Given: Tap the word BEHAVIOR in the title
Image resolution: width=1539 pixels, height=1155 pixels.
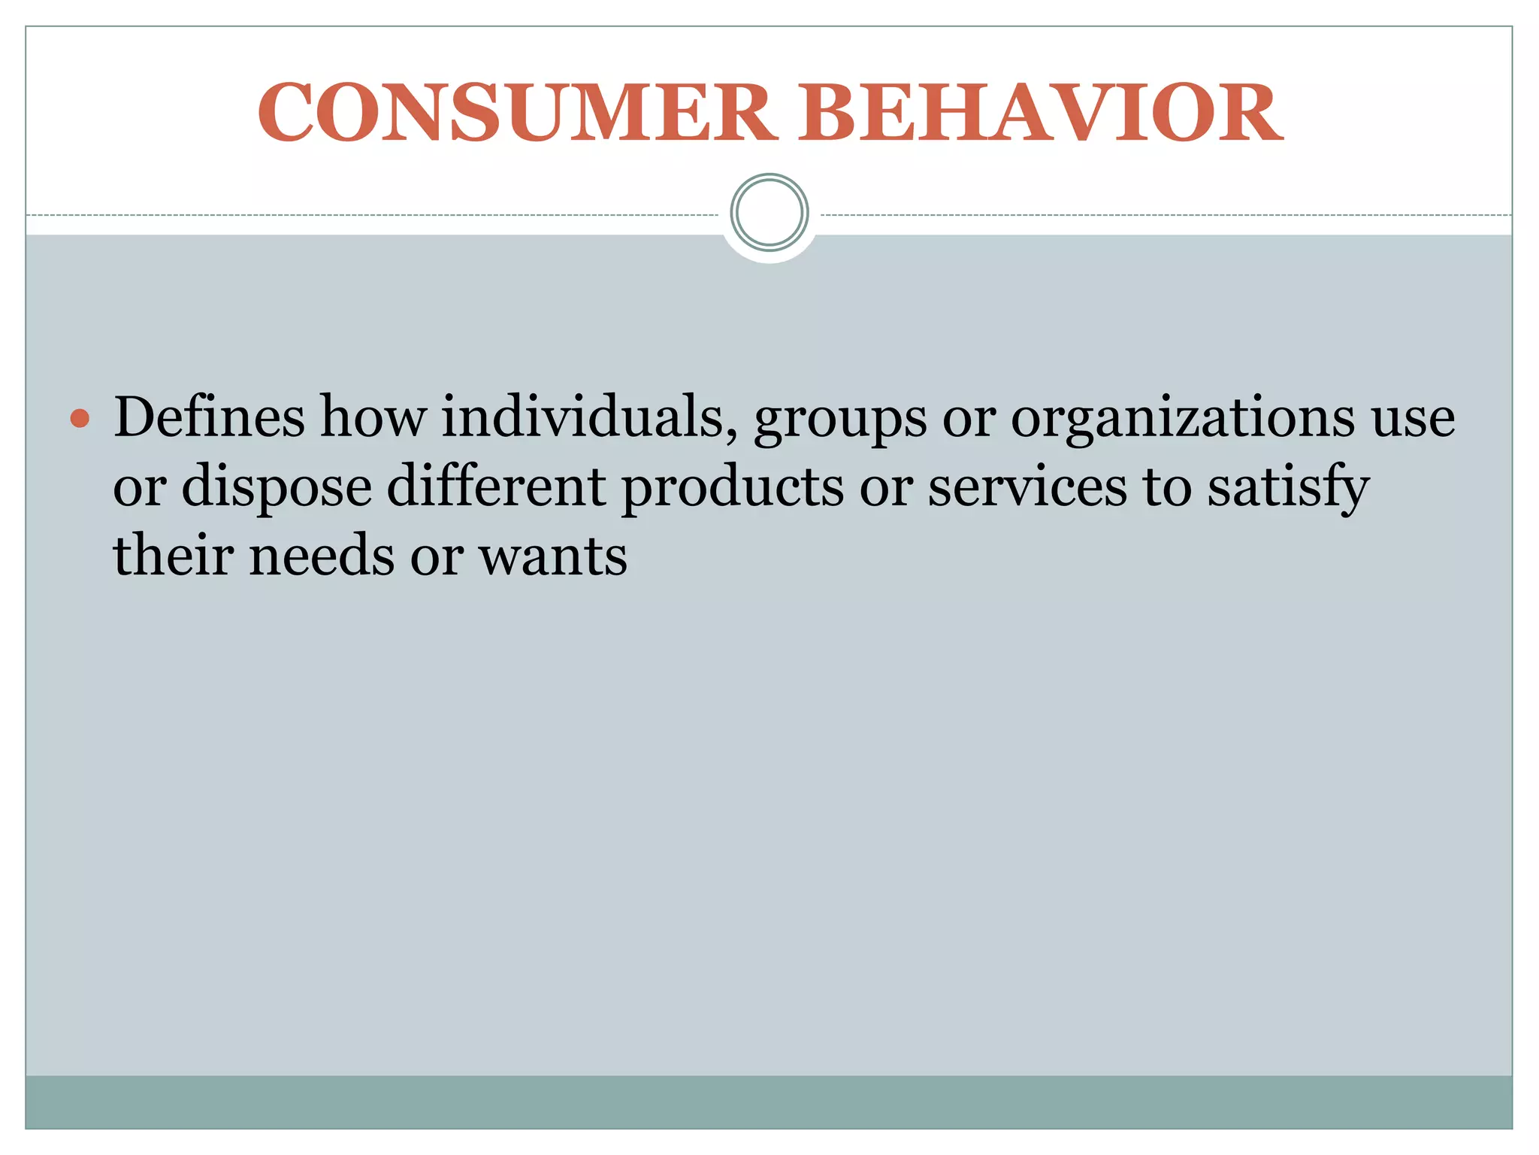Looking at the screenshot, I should tap(1040, 113).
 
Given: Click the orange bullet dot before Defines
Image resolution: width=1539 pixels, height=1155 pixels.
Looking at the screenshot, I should tap(80, 419).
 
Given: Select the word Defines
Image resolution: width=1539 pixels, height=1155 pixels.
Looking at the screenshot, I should tap(209, 417).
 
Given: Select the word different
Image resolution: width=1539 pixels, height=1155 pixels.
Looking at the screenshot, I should tap(497, 487).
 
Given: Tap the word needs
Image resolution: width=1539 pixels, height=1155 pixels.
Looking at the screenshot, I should tap(322, 556).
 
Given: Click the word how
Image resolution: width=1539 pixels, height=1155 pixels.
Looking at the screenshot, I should tap(373, 417).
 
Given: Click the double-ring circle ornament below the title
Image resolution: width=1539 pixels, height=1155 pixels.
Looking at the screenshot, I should tap(769, 213).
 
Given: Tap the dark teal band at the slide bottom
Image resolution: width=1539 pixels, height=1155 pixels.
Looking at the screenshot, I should tap(769, 1102).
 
